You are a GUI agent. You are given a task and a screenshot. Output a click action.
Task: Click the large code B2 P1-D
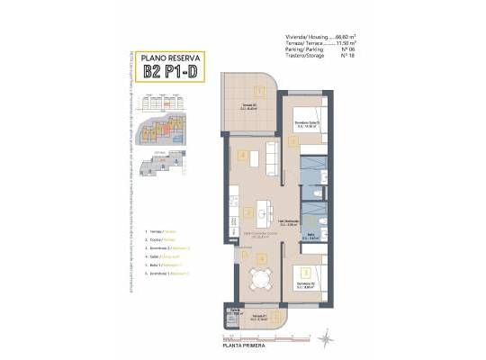(x=171, y=74)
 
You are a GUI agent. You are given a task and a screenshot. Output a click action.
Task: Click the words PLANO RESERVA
(x=171, y=58)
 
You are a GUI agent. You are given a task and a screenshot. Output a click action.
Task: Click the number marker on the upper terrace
(x=259, y=90)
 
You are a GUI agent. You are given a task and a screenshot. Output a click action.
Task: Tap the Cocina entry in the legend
(x=161, y=240)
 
